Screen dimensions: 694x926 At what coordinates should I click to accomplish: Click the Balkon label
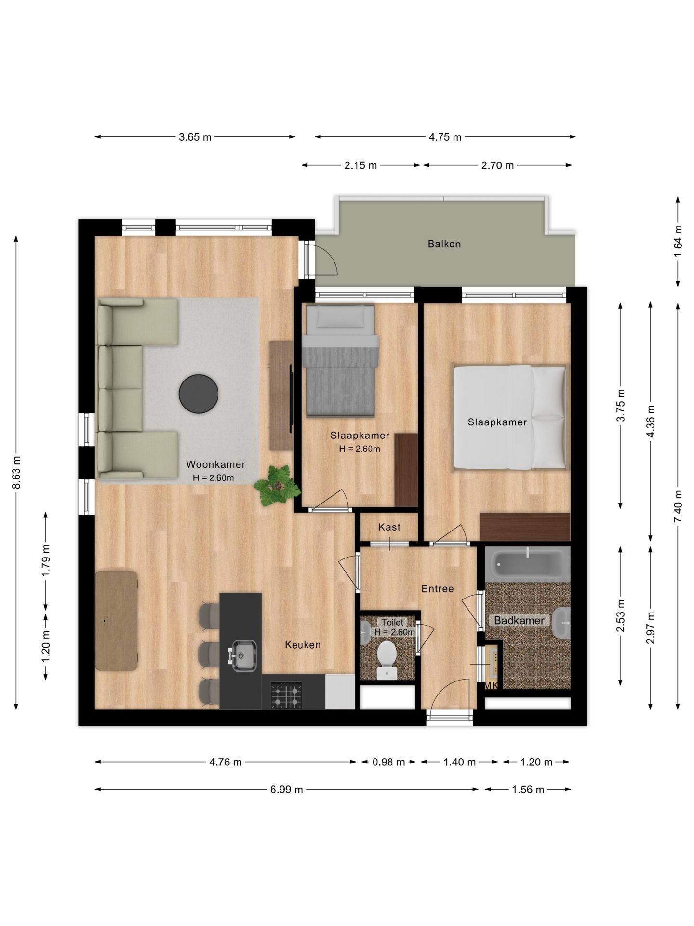tap(444, 244)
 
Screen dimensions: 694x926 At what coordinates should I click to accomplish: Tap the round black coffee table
tap(199, 394)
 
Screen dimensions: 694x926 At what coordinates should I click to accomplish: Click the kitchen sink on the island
tap(244, 655)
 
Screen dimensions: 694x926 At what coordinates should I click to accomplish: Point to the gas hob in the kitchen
tap(287, 694)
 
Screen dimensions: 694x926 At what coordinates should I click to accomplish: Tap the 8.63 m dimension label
tap(16, 472)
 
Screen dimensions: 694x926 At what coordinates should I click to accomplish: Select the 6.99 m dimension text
tap(287, 790)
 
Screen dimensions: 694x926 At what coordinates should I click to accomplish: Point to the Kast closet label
tap(389, 527)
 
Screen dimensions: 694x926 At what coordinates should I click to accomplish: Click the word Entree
tap(438, 588)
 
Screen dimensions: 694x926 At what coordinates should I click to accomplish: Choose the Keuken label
tap(303, 645)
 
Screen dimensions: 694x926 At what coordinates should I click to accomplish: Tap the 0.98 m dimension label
tap(389, 762)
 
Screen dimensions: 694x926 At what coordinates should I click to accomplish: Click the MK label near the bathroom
tap(491, 685)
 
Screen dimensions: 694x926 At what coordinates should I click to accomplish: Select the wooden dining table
tap(116, 620)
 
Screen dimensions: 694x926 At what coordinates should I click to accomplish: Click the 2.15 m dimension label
tap(360, 165)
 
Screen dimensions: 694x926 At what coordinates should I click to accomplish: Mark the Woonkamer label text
tap(216, 464)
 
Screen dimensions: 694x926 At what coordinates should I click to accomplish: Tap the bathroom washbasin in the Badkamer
tap(562, 623)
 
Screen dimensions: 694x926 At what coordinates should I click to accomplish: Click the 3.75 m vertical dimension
tap(621, 405)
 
